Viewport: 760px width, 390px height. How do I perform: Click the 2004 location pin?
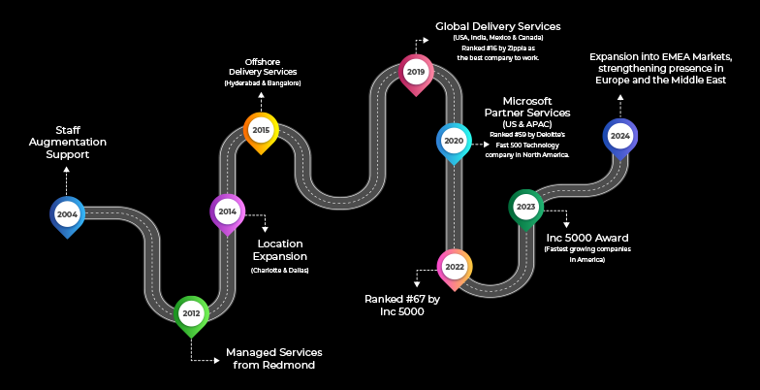[x=67, y=214]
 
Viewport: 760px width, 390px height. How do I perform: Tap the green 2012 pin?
[x=191, y=313]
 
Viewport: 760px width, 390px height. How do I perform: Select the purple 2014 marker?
[x=227, y=211]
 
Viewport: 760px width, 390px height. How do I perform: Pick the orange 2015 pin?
[x=261, y=130]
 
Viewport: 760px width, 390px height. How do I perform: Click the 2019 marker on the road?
[x=416, y=72]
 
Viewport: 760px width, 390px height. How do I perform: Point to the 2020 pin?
[x=454, y=141]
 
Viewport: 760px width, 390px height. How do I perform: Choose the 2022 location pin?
[x=454, y=266]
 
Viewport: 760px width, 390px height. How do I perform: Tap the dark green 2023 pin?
[x=526, y=207]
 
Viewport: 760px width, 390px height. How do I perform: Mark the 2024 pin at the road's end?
[x=620, y=136]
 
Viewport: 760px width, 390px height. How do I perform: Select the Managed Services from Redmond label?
[x=273, y=358]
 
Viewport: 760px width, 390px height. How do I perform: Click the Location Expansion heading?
[x=279, y=249]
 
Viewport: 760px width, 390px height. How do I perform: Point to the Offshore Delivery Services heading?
[x=263, y=66]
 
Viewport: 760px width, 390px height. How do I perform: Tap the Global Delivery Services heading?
[x=498, y=25]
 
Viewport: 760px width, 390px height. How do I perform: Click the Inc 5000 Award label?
[x=587, y=238]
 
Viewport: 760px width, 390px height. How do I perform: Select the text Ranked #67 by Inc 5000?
[x=402, y=306]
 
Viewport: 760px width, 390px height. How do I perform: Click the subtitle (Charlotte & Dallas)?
[x=279, y=270]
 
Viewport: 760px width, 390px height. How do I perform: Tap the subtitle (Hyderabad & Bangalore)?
[x=263, y=83]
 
